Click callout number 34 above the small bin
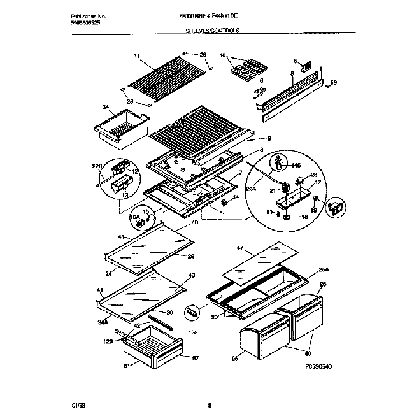[106, 107]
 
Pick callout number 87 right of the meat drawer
[196, 358]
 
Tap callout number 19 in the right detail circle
[314, 209]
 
